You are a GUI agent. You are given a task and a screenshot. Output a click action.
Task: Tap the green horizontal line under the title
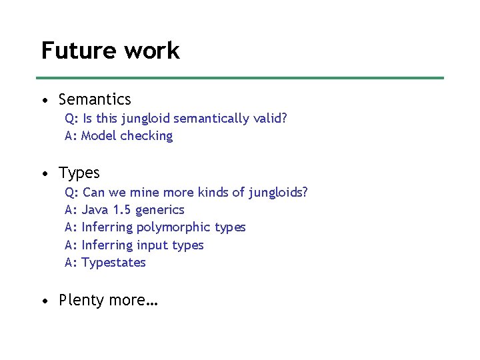click(x=240, y=78)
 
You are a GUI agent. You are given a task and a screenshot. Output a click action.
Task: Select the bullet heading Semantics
click(x=95, y=100)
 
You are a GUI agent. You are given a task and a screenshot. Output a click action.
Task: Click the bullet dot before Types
click(x=44, y=175)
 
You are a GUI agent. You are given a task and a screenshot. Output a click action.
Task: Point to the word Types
click(x=79, y=174)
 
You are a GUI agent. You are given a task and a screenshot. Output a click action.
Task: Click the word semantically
click(x=213, y=119)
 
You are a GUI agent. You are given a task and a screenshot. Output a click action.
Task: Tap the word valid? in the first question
click(x=270, y=119)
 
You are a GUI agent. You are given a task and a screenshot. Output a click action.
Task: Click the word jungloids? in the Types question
click(x=279, y=193)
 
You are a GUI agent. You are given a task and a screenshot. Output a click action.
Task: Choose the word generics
click(x=159, y=211)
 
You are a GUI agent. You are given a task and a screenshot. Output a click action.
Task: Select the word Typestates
click(x=113, y=263)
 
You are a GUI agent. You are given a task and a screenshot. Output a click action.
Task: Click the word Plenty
click(x=81, y=301)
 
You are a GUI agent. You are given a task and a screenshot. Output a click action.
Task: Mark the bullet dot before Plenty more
click(x=44, y=301)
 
